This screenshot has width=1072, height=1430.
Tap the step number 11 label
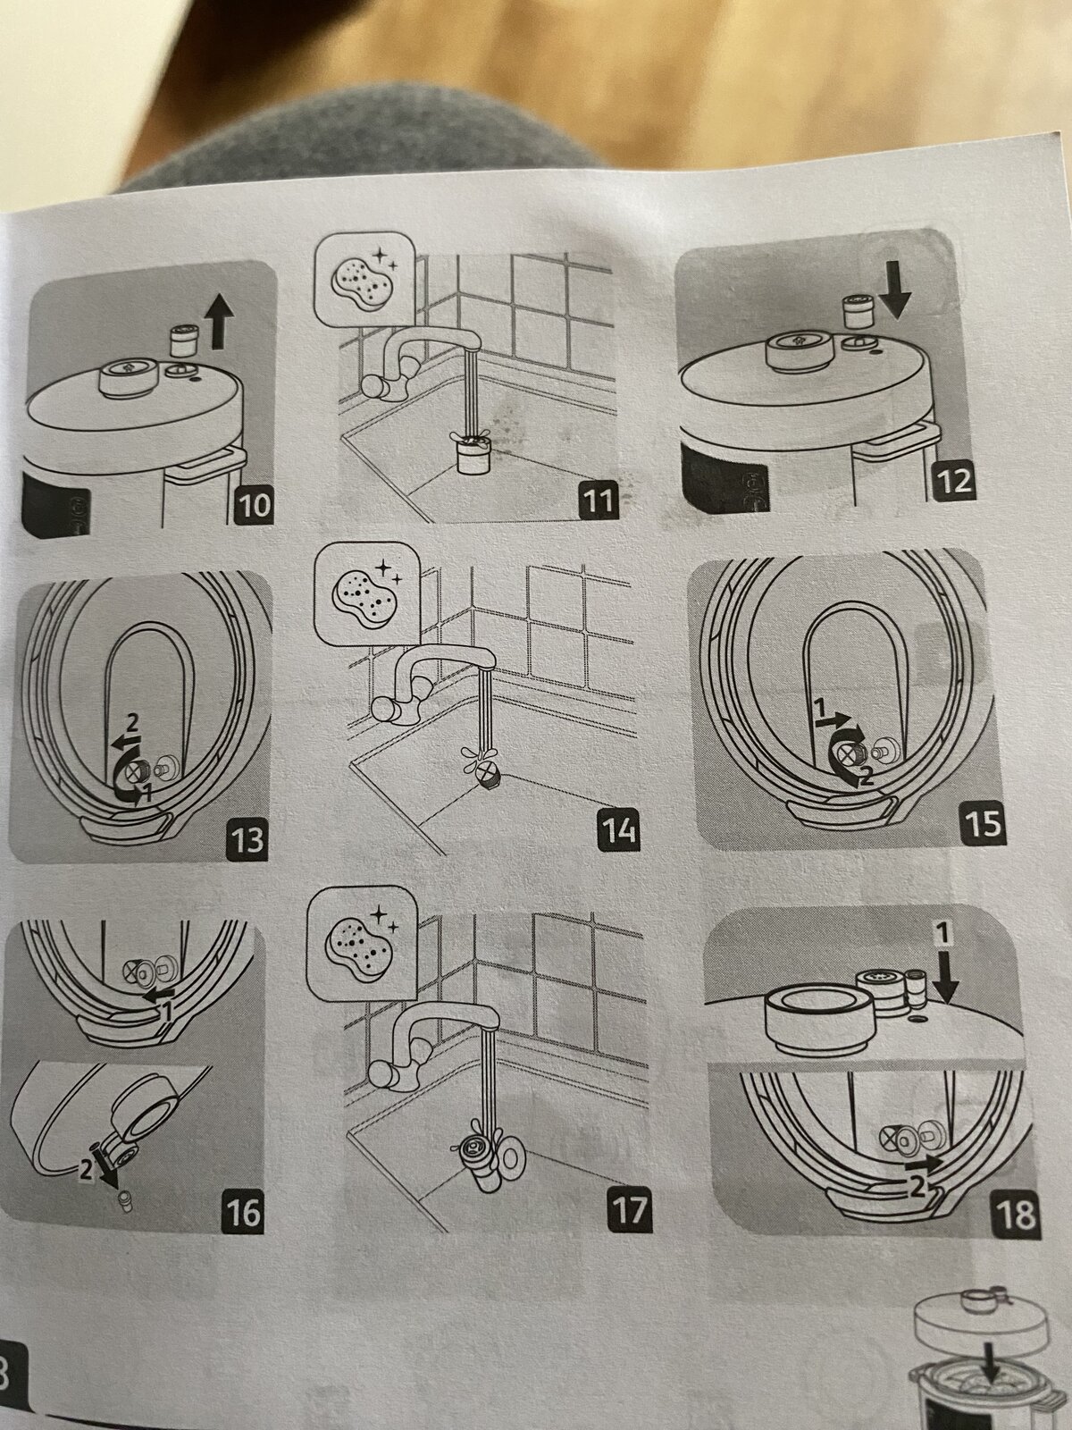(599, 500)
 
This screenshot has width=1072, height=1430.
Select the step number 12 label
(957, 482)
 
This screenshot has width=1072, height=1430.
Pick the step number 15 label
(983, 822)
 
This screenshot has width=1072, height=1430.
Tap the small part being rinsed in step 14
(486, 774)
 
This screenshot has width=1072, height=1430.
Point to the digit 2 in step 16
(86, 1169)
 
